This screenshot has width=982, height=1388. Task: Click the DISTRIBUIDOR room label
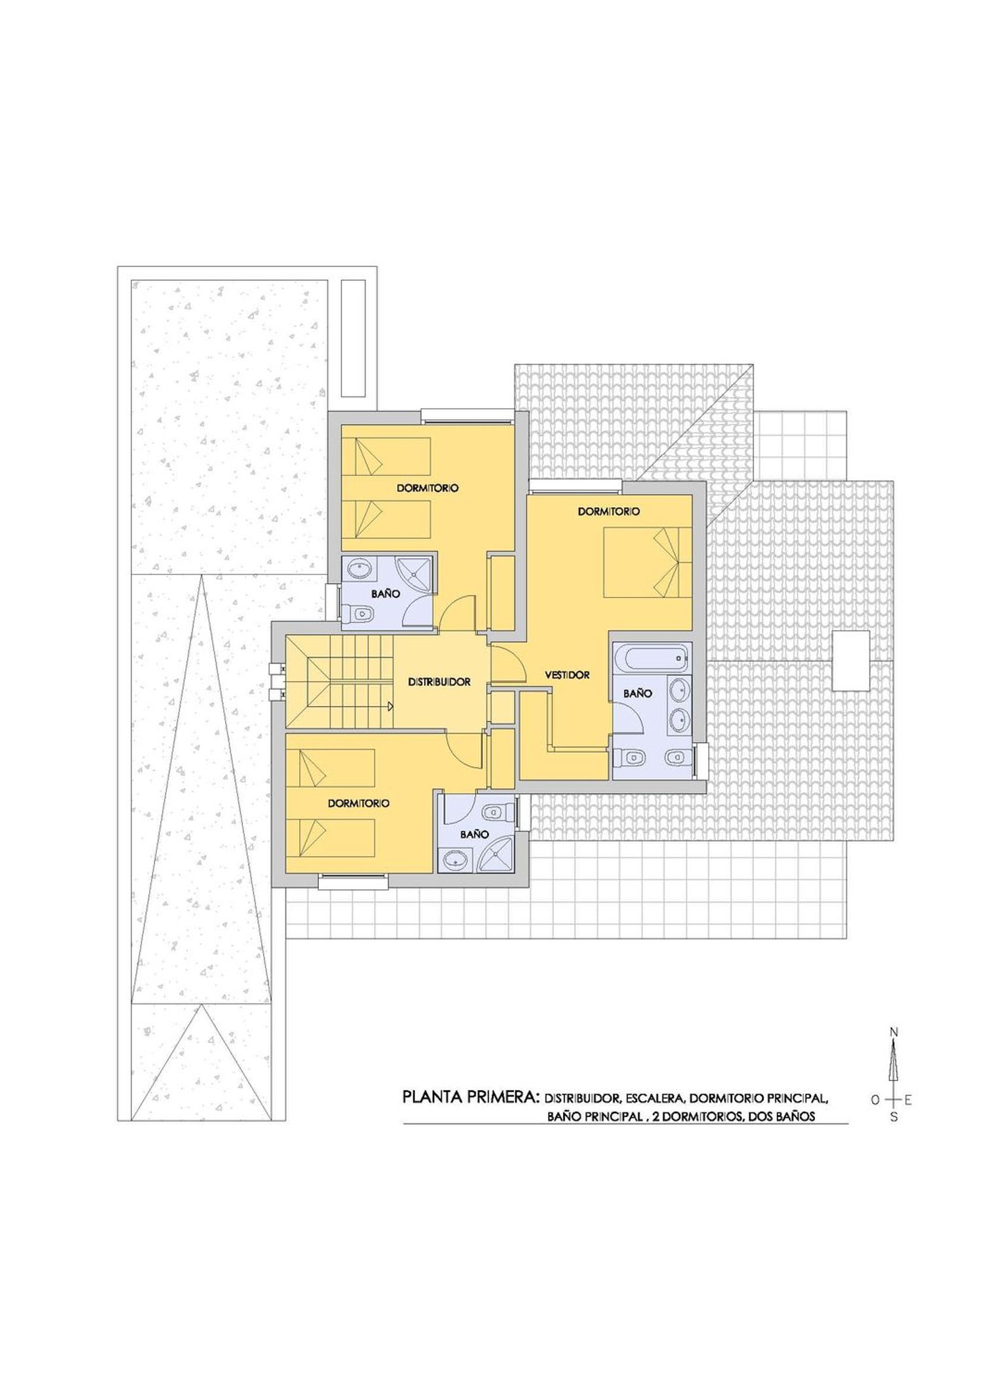click(x=439, y=682)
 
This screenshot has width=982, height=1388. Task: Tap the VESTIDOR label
click(x=568, y=675)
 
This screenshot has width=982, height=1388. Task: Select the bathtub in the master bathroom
click(x=653, y=657)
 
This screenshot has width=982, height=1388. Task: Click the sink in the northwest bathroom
click(x=361, y=569)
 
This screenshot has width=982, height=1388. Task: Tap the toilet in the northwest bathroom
click(x=357, y=614)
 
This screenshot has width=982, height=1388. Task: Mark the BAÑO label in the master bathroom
click(x=638, y=693)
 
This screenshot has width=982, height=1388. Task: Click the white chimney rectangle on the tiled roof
click(x=850, y=660)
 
